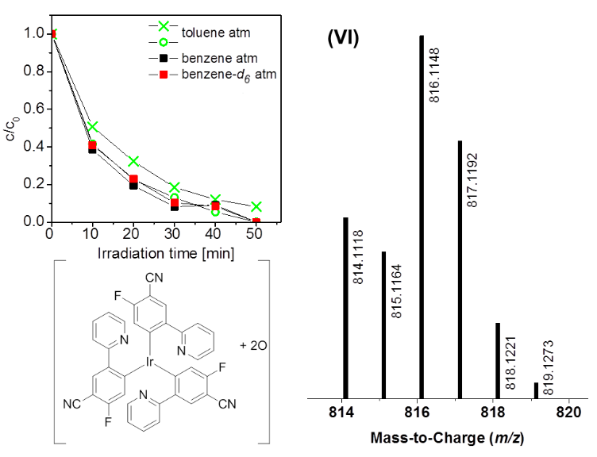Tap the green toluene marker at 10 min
tap(92, 127)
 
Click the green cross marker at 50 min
tap(256, 207)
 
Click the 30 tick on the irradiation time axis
tap(174, 235)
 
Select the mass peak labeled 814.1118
tap(345, 306)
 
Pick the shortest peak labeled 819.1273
tap(536, 390)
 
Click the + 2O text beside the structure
tap(254, 346)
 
